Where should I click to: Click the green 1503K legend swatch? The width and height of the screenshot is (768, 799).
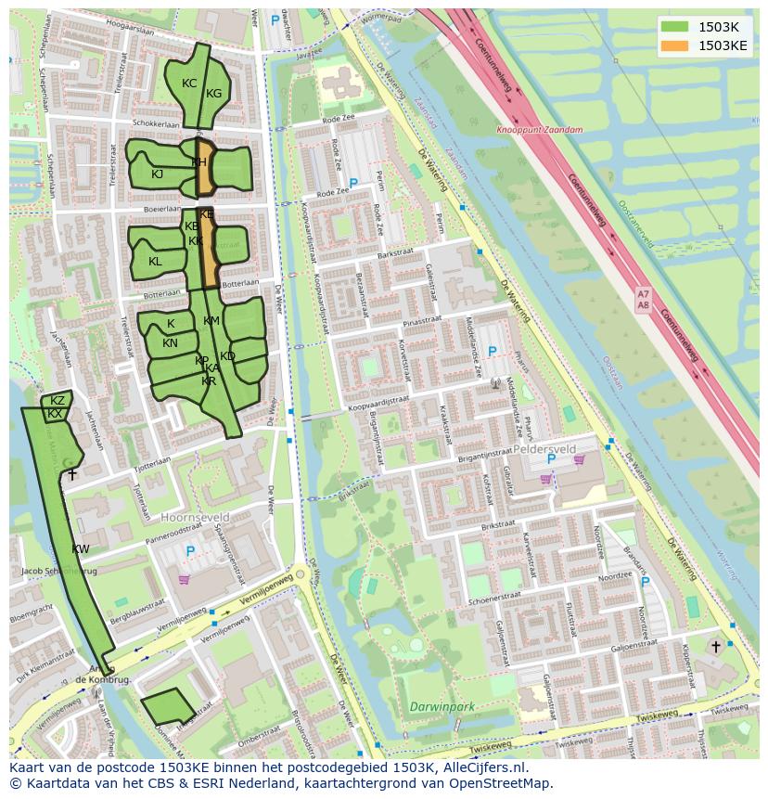pos(675,27)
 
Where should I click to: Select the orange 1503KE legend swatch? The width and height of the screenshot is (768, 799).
pos(675,45)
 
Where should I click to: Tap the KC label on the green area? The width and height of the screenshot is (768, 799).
pos(189,84)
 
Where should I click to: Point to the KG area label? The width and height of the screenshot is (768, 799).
pos(214,94)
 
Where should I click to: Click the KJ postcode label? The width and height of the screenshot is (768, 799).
pos(157,174)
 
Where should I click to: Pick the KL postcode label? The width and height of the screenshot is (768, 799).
pos(155,262)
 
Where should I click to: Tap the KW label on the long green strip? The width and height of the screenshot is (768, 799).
pos(81,549)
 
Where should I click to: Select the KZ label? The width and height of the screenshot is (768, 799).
pos(58,401)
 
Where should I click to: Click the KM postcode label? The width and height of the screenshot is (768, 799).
pos(211,321)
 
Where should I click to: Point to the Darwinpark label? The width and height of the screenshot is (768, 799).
pos(442,707)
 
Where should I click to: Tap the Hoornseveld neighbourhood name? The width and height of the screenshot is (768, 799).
pos(196,517)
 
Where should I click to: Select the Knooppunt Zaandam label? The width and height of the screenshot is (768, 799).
pos(540,131)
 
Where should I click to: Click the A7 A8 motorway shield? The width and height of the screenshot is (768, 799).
pos(644,299)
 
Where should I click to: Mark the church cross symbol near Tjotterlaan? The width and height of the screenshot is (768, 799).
pos(71,473)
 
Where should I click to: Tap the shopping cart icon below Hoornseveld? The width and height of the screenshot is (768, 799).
pos(184,580)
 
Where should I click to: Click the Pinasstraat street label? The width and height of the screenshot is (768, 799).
pos(423,320)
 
